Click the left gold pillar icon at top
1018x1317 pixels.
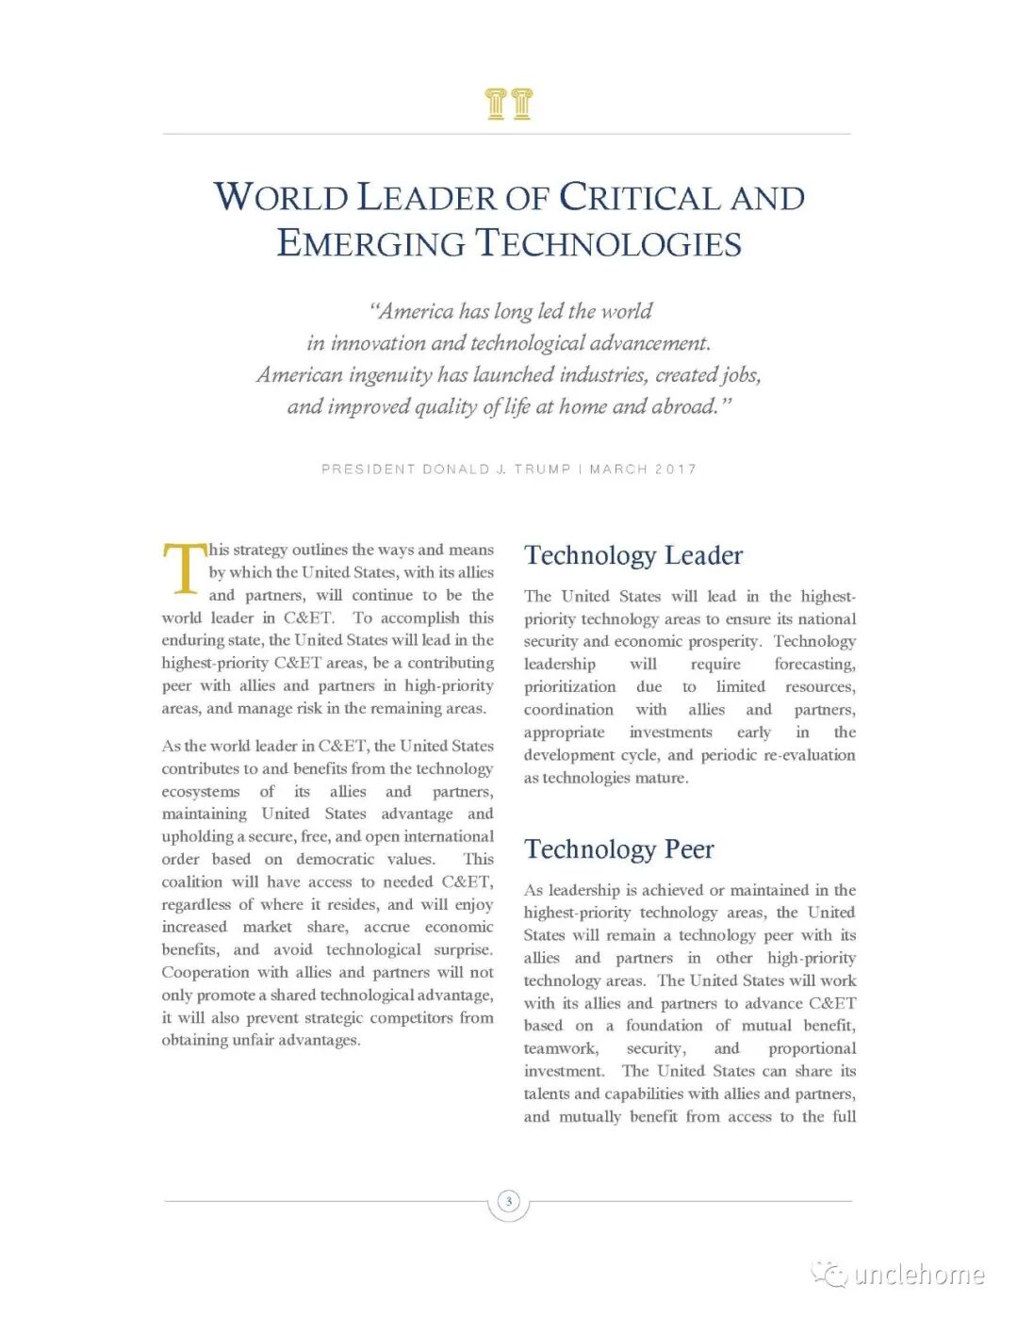tap(496, 104)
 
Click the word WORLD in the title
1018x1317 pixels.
tap(281, 198)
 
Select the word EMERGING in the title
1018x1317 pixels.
tap(371, 244)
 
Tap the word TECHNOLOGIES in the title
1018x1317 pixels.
tap(608, 244)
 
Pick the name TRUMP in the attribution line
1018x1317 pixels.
tap(542, 469)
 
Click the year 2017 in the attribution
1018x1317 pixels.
tap(675, 469)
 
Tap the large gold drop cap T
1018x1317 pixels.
tap(185, 568)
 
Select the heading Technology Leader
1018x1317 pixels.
tap(633, 555)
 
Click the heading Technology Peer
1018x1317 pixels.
tap(619, 849)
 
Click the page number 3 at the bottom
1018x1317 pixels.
tap(509, 1201)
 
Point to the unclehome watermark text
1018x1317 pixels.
tap(919, 1276)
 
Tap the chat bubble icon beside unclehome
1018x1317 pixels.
tap(830, 1275)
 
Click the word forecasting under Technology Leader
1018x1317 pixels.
tap(814, 665)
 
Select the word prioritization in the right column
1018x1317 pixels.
tap(569, 687)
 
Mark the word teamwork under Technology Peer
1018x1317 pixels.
tap(560, 1049)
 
